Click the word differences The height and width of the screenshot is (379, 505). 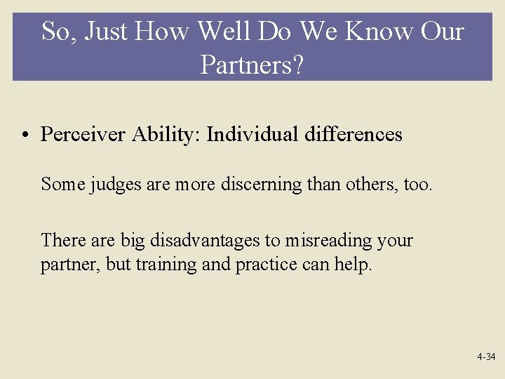point(353,134)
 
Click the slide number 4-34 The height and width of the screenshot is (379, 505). point(486,357)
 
